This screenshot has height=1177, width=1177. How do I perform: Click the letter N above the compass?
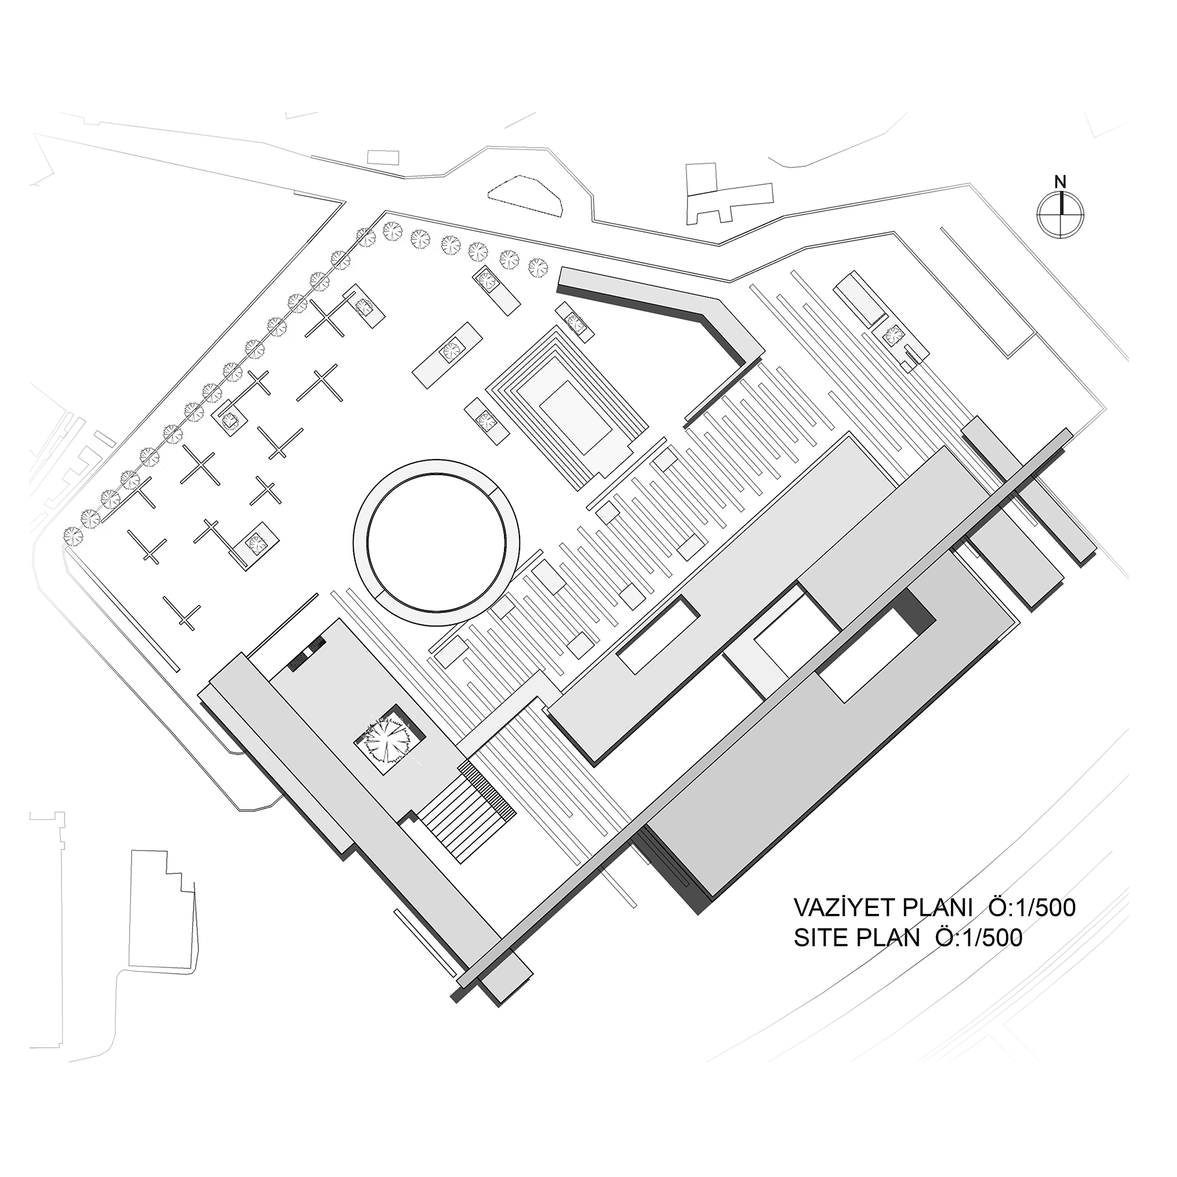pyautogui.click(x=1060, y=182)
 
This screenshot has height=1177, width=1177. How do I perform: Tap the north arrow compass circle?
pyautogui.click(x=1060, y=214)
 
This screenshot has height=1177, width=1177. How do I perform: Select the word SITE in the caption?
pyautogui.click(x=821, y=955)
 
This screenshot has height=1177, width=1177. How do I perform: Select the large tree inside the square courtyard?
pyautogui.click(x=385, y=738)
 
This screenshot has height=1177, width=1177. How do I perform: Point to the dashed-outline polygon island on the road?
pyautogui.click(x=525, y=194)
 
